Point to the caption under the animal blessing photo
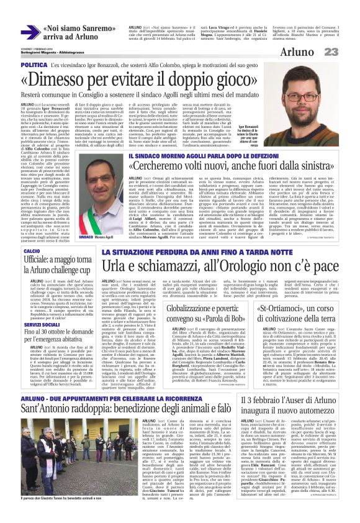[60, 498]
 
